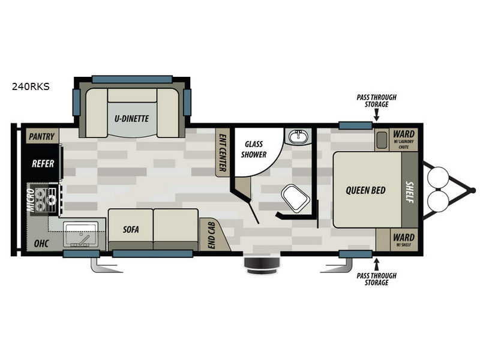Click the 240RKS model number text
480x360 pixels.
click(31, 86)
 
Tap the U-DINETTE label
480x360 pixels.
click(131, 118)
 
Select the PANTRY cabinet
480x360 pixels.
click(42, 136)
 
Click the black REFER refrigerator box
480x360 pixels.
click(42, 163)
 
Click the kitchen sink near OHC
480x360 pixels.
click(81, 235)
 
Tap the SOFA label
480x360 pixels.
click(131, 229)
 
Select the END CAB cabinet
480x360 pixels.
click(214, 235)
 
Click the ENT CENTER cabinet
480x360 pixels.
click(223, 152)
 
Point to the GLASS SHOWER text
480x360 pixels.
click(254, 149)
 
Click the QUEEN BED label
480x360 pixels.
click(365, 190)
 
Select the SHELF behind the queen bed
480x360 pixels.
click(410, 190)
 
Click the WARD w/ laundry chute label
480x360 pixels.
click(403, 139)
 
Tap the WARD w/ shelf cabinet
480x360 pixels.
click(397, 239)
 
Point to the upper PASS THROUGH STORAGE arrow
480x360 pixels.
click(377, 116)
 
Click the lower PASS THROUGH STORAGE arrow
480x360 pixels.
click(377, 265)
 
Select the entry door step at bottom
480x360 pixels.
click(262, 265)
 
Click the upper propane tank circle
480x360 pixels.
click(438, 177)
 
